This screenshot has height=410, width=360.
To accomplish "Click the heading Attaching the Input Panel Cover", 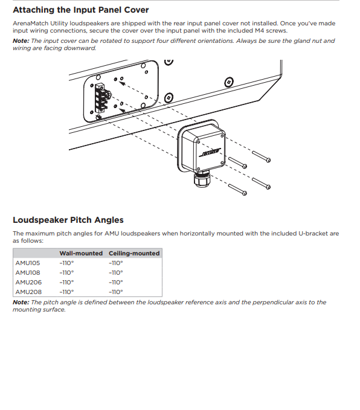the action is (x=80, y=10).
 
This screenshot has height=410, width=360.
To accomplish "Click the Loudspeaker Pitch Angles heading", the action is (x=68, y=220).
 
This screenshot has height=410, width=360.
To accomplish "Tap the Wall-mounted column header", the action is (x=81, y=254).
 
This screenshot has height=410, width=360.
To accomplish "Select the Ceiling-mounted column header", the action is (x=134, y=254).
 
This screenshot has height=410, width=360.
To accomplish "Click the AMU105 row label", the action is (x=28, y=263).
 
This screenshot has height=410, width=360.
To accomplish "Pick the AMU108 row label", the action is (x=28, y=273).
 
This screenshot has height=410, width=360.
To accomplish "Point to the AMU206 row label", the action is (x=28, y=283).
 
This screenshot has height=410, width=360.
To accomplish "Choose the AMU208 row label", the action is (x=28, y=292).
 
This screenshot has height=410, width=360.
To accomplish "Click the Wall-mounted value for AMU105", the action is (x=66, y=263).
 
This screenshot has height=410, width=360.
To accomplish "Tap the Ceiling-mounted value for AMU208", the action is (x=116, y=292).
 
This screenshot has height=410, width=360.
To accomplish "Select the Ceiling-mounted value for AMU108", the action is (x=116, y=273).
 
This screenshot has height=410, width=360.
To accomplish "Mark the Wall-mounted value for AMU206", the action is (x=66, y=283).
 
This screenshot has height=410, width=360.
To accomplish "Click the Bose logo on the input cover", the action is (x=210, y=152).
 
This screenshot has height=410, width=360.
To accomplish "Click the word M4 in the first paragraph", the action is (x=260, y=31).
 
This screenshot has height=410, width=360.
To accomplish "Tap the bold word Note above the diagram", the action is (x=21, y=41).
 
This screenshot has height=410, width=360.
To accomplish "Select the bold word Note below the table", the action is (x=21, y=303).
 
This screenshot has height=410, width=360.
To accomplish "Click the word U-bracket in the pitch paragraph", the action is (x=313, y=234).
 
